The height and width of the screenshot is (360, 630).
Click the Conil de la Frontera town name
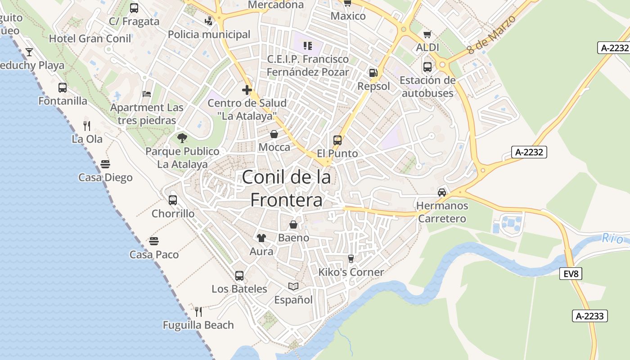(x=286, y=188)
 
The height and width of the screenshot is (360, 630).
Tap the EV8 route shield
(x=571, y=273)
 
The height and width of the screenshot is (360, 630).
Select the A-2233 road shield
(x=590, y=316)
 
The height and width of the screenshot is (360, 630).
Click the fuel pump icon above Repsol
(x=373, y=73)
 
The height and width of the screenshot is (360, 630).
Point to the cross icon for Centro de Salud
(x=247, y=90)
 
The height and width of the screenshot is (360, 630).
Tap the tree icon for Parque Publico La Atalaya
(x=182, y=138)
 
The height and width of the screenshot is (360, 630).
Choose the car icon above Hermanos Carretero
(x=442, y=193)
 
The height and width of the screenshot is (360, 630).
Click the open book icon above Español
(x=293, y=286)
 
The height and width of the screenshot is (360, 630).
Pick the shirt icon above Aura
(x=261, y=238)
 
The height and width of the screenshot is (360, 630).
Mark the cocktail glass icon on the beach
(x=29, y=52)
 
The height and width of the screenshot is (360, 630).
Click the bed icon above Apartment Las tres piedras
(x=147, y=94)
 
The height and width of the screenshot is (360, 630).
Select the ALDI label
(x=427, y=47)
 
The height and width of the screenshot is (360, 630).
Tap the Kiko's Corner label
(x=351, y=272)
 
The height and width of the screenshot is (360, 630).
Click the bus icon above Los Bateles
(x=239, y=275)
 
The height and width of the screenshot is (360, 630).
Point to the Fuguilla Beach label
(x=198, y=325)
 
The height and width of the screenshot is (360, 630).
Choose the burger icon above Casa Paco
(x=154, y=241)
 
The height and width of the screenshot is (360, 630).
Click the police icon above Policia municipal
(x=208, y=21)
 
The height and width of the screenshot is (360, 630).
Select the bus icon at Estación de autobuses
(x=427, y=67)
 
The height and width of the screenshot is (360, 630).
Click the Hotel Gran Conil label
(x=90, y=39)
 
